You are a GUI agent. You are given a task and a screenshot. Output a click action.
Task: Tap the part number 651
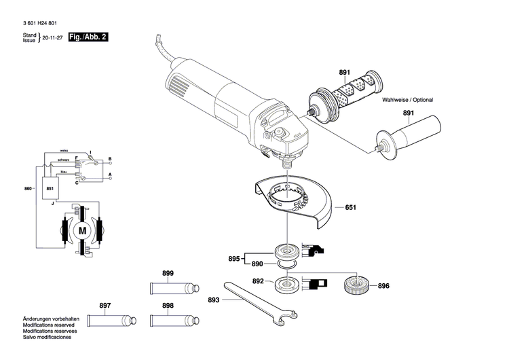tap(350, 207)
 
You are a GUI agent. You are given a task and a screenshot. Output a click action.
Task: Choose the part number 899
tap(168, 273)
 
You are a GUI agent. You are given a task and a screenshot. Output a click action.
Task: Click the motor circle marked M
tap(83, 231)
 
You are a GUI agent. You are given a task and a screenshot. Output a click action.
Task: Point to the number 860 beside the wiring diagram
tap(28, 187)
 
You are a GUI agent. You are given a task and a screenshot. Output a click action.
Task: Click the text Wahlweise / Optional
tap(407, 100)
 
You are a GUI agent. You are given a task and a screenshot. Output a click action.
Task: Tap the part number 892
tap(259, 281)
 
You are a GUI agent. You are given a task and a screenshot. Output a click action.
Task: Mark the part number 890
tap(257, 264)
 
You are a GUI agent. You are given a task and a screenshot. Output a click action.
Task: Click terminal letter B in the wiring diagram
tap(109, 158)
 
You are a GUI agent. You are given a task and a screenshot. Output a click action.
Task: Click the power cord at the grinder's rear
tap(160, 48)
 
